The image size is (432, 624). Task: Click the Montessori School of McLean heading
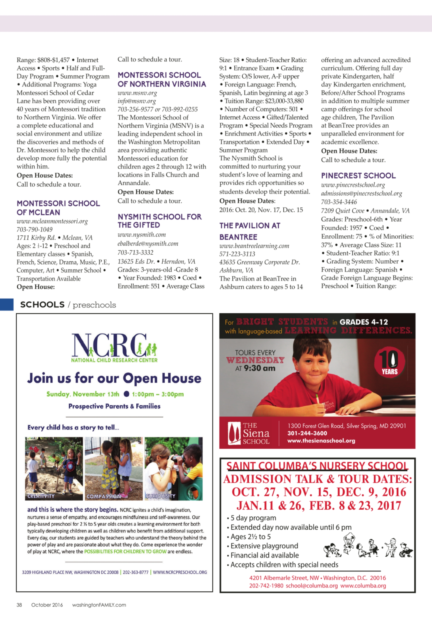[x=58, y=208]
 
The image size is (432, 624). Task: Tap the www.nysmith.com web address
[x=142, y=234]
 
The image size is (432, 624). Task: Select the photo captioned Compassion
[x=114, y=468]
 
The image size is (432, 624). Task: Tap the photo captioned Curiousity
[x=174, y=468]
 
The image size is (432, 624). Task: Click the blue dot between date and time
[x=126, y=394]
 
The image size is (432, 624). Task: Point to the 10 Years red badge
[x=390, y=363]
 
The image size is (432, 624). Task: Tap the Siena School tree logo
[x=234, y=433]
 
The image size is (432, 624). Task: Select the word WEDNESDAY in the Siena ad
[x=255, y=360]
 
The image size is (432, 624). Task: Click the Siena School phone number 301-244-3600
[x=307, y=433]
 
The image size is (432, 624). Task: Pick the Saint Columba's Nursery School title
[x=317, y=466]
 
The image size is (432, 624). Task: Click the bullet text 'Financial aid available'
[x=265, y=555]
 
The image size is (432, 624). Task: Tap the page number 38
[x=19, y=605]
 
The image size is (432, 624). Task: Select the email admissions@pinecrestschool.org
[x=361, y=194]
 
